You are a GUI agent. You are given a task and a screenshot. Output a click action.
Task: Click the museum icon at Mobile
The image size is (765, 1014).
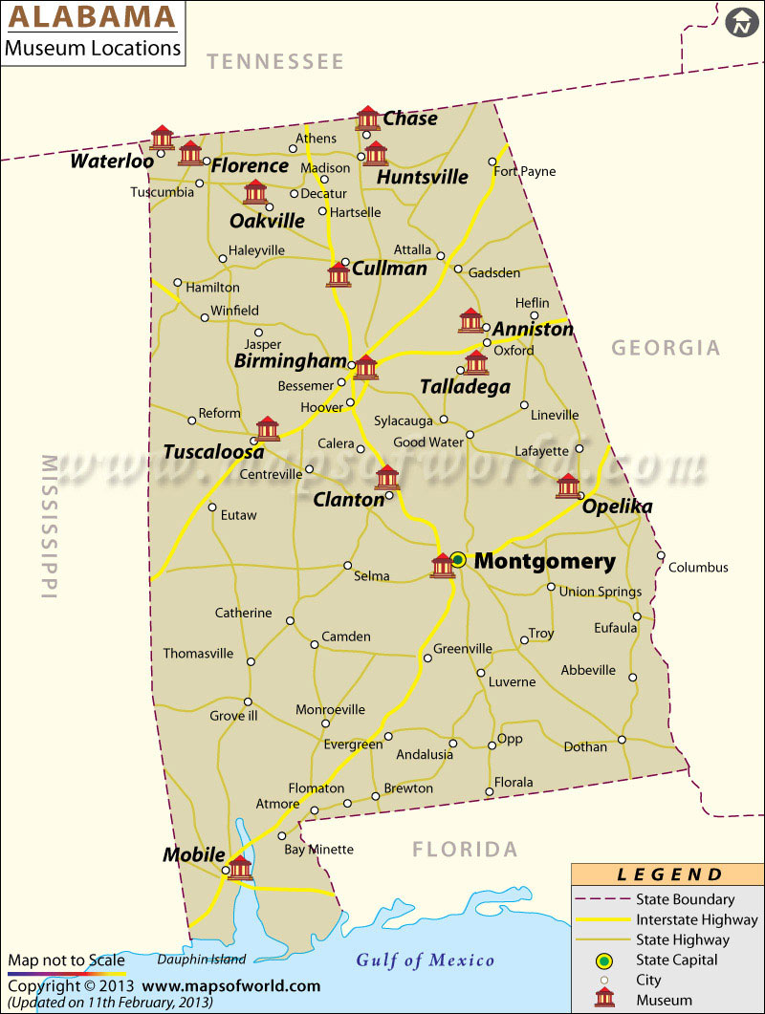[240, 867]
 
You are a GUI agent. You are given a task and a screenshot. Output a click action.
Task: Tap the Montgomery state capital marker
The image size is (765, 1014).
[458, 560]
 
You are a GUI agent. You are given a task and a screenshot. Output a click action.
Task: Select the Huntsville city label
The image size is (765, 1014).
[423, 177]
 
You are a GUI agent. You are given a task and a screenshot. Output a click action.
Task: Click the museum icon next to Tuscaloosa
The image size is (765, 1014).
[268, 428]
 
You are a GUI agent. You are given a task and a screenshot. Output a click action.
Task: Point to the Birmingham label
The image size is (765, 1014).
[290, 361]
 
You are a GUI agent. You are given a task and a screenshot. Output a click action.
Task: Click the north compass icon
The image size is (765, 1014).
[739, 23]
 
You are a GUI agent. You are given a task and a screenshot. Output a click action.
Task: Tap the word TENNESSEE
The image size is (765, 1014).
[275, 62]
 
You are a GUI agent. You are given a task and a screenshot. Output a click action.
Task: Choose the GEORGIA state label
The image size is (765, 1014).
[666, 348]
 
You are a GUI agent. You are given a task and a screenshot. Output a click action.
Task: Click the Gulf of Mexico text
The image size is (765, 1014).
[426, 960]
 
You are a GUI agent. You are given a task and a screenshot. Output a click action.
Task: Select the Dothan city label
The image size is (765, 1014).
[585, 746]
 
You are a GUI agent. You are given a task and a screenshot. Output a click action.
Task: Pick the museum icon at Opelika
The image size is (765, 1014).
[568, 485]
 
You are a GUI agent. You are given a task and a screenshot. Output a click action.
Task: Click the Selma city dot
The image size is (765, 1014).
[348, 565]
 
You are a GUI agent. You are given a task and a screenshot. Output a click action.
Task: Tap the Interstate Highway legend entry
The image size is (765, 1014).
[696, 920]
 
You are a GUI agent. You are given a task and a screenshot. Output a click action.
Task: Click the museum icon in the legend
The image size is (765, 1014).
[604, 999]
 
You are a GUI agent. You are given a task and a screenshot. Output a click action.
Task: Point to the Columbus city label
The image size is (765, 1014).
[698, 568]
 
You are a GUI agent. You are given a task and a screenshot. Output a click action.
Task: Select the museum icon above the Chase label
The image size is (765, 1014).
[368, 118]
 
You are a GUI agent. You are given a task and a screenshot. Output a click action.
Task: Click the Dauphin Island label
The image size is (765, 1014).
[202, 960]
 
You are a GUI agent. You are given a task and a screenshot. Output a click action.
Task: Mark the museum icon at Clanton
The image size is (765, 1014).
[387, 477]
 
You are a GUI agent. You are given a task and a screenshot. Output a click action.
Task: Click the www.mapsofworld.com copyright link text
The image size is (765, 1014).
[232, 986]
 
